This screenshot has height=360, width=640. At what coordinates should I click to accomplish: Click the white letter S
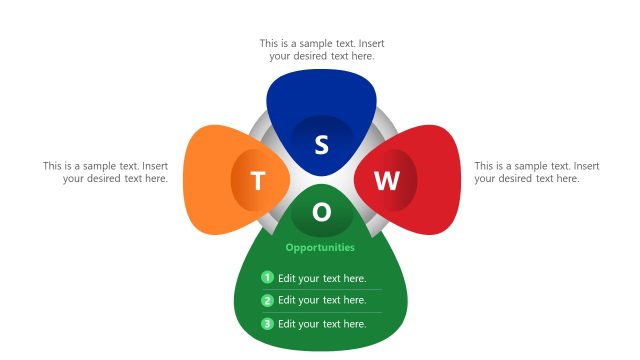[x=321, y=145]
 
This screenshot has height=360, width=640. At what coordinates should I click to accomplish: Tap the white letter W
[x=386, y=181]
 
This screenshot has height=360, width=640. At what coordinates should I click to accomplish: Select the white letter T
[x=258, y=181]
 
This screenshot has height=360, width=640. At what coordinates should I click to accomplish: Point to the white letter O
[x=321, y=212]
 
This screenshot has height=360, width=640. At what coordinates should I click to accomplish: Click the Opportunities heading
[x=320, y=247]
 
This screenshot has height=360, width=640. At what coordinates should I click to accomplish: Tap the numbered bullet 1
[x=267, y=278]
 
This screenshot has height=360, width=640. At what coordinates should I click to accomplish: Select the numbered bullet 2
[x=267, y=300]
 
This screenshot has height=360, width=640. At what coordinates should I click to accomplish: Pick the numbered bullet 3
[x=267, y=323]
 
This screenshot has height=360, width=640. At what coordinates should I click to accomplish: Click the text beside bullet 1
[x=322, y=278]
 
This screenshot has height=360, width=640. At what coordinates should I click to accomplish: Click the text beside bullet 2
[x=322, y=300]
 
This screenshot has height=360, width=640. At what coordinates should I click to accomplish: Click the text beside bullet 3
[x=322, y=323]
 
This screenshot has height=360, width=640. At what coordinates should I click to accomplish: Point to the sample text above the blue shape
[x=321, y=50]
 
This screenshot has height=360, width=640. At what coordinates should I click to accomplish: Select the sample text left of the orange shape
[x=105, y=172]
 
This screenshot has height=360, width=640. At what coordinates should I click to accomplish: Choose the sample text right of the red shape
[x=536, y=172]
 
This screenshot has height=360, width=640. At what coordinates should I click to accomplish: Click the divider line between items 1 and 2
[x=321, y=289]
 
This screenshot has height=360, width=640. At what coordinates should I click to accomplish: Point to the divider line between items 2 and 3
[x=321, y=312]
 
